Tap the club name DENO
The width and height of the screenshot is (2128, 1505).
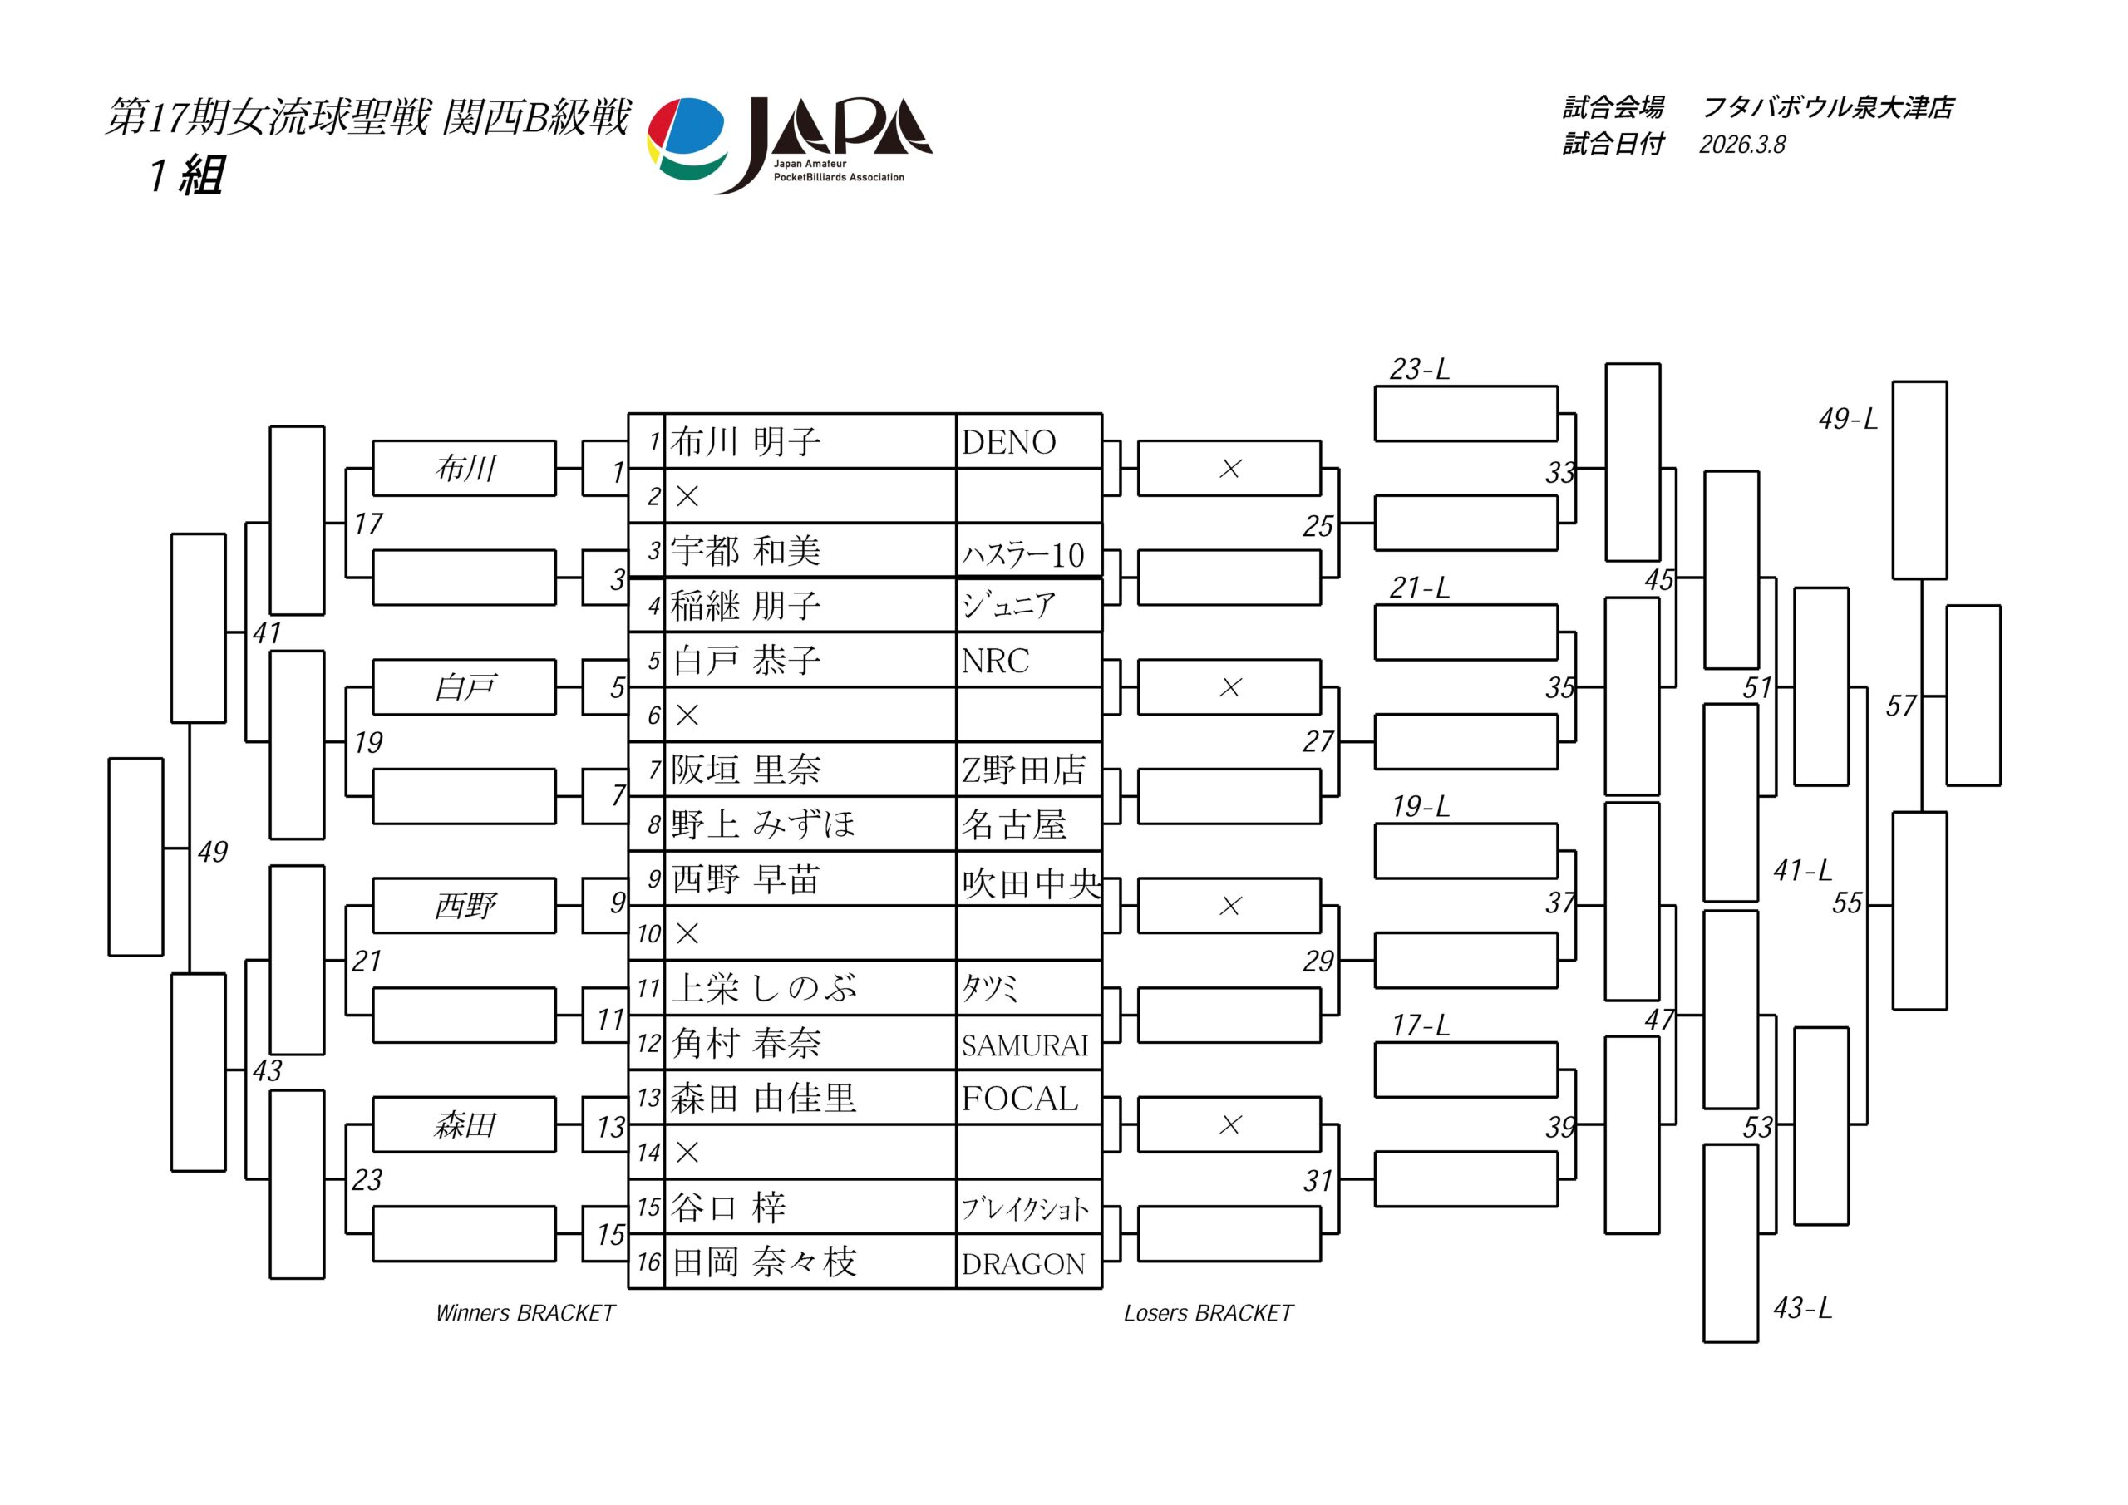pos(1008,443)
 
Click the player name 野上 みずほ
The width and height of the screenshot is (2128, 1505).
pos(763,824)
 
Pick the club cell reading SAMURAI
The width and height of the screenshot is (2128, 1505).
pos(1024,1045)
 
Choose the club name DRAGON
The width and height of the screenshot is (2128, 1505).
pos(1022,1264)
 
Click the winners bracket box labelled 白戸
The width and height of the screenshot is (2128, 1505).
pos(465,687)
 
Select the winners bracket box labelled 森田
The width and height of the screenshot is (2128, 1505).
pos(465,1125)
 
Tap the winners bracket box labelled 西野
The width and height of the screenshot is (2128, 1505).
pos(465,905)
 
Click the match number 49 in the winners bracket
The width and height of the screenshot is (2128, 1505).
pos(212,852)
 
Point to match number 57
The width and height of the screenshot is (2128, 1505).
pos(1900,706)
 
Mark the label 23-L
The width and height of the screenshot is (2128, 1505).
pos(1419,370)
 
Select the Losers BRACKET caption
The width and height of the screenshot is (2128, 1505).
pos(1208,1313)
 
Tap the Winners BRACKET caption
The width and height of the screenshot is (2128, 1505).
pos(525,1313)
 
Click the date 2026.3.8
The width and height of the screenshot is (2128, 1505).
pos(1741,145)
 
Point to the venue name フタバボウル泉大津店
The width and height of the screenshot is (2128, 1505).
pos(1827,107)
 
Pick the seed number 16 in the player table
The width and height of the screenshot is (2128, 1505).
pos(648,1262)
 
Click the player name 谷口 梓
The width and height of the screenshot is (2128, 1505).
pos(728,1207)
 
